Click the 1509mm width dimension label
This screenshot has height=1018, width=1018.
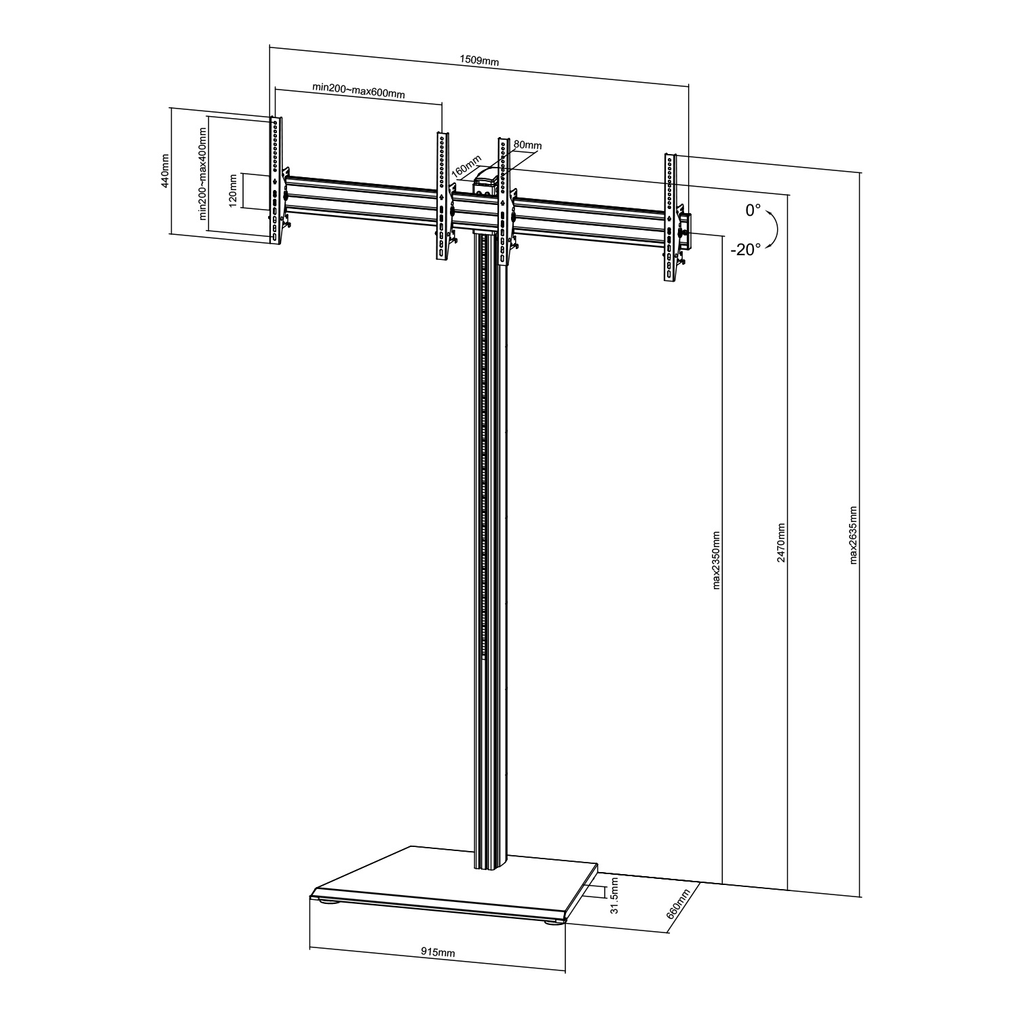(479, 60)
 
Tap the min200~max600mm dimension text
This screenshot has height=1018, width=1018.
(358, 91)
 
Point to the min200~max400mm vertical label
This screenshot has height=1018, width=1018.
(202, 172)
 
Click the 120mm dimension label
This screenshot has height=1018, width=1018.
(233, 191)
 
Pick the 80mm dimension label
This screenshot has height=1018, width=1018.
(527, 145)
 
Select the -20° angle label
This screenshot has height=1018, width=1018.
(744, 250)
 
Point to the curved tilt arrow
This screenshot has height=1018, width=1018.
(774, 231)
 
